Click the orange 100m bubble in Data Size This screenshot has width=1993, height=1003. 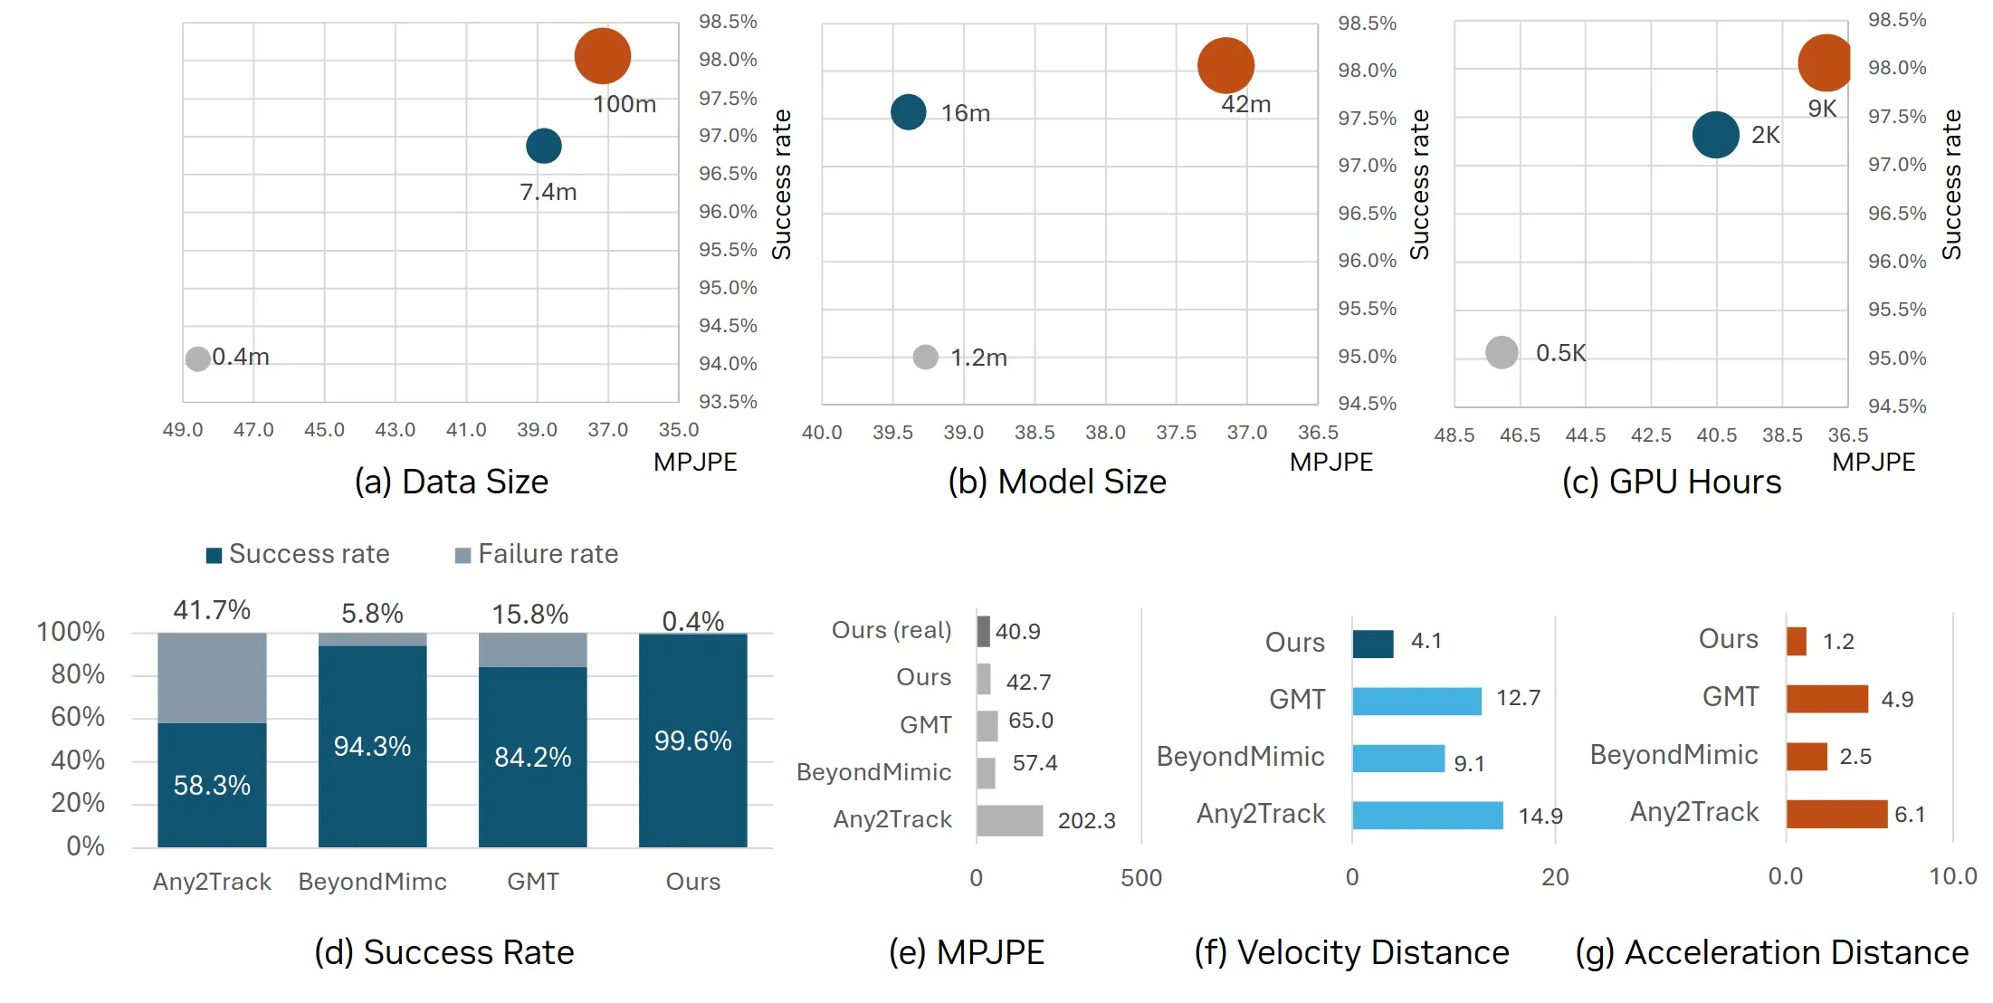[602, 56]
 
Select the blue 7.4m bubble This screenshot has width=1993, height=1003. [543, 146]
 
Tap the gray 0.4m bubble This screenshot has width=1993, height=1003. [197, 358]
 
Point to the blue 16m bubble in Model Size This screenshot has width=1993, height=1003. [908, 112]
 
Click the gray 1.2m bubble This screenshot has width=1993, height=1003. [925, 357]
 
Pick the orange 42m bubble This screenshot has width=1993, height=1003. [1225, 65]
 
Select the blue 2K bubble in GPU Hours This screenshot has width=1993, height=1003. [1715, 135]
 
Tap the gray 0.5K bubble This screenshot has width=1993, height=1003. [1502, 352]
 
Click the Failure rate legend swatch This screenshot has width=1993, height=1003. [462, 555]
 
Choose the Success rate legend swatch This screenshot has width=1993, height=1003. [214, 555]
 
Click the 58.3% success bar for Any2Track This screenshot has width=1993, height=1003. [212, 784]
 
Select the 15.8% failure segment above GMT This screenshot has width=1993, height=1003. [532, 650]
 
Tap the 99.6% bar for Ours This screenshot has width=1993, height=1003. [692, 740]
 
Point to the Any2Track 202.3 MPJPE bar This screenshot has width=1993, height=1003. [1009, 820]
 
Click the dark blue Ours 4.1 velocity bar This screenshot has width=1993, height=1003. [1372, 643]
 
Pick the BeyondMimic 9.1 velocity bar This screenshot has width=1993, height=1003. [1397, 759]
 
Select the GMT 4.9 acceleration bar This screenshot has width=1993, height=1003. [1826, 699]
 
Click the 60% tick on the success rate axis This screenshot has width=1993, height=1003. [78, 717]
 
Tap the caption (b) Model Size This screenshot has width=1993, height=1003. [1056, 482]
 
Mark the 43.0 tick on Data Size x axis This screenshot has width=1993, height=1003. [395, 430]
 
